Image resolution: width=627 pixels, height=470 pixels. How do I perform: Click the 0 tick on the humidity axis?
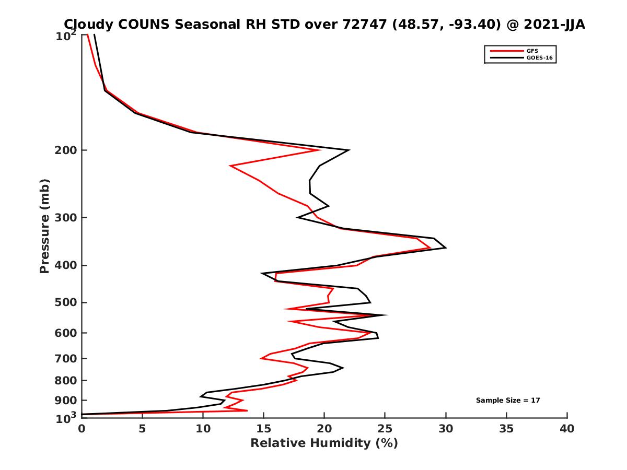pos(82,429)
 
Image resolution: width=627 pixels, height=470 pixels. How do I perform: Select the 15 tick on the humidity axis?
pos(263,429)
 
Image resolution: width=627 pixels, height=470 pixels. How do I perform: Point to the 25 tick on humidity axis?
pos(385,429)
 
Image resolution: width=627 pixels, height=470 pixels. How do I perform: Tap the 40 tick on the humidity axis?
pos(567,429)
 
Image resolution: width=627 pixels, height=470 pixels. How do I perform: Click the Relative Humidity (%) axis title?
pos(324,443)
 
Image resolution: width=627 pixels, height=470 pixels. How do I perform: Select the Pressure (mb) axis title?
pos(44,226)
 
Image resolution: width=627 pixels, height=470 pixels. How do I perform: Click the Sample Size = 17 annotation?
pos(507,401)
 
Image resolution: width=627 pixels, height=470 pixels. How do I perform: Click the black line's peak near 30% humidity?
pos(445,248)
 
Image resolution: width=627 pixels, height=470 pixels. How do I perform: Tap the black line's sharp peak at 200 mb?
pos(349,150)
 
